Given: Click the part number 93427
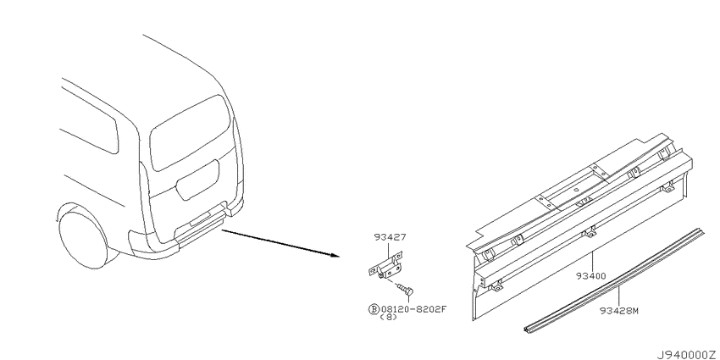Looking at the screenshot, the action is coord(390,237).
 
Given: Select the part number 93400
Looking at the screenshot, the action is coord(592,276).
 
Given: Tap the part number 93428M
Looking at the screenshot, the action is coord(619,310).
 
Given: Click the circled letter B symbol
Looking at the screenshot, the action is coord(374,308).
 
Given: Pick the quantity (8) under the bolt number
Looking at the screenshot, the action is coord(389,318).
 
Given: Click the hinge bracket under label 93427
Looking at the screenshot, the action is coord(385,265).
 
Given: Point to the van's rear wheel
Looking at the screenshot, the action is coord(83,239).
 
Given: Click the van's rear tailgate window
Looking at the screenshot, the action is coord(190,133).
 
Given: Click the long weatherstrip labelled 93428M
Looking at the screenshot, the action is coord(614,280).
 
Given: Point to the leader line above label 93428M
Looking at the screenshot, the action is coord(618,296).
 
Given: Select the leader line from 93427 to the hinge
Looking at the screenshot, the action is coord(389,250).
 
